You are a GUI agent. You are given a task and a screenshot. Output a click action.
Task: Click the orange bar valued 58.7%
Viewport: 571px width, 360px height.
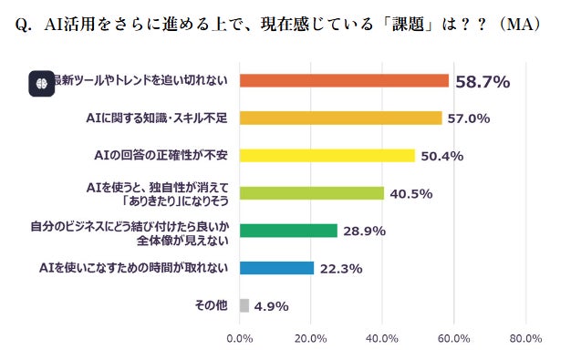[x=344, y=81]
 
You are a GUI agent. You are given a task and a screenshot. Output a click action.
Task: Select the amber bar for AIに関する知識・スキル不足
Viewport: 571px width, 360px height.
[x=340, y=118]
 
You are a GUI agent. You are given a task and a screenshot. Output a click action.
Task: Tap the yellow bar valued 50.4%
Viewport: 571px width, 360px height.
[x=327, y=155]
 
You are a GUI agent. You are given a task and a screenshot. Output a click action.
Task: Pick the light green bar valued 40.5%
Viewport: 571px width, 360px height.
[x=311, y=192]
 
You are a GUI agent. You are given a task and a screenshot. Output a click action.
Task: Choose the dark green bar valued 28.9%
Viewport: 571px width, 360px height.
[x=288, y=231]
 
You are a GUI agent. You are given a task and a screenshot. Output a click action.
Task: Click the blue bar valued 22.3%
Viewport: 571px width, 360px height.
[x=276, y=268]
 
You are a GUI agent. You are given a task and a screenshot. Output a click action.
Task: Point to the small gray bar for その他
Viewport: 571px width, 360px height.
[x=244, y=305]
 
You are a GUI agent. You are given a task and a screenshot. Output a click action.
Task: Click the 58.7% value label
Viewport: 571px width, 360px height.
[x=482, y=82]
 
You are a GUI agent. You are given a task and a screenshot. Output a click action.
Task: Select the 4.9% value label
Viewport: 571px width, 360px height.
[x=274, y=306]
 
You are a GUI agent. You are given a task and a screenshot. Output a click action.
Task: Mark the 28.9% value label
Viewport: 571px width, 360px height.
[x=365, y=231]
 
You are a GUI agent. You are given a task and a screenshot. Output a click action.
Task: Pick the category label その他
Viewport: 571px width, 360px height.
[x=213, y=305]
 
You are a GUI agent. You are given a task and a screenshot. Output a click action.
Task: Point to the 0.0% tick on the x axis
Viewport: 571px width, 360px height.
[x=239, y=339]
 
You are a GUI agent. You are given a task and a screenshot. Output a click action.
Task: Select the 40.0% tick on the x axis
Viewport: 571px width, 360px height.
[x=382, y=339]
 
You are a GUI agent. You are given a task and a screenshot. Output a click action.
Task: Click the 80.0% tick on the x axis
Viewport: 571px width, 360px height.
[x=525, y=339]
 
